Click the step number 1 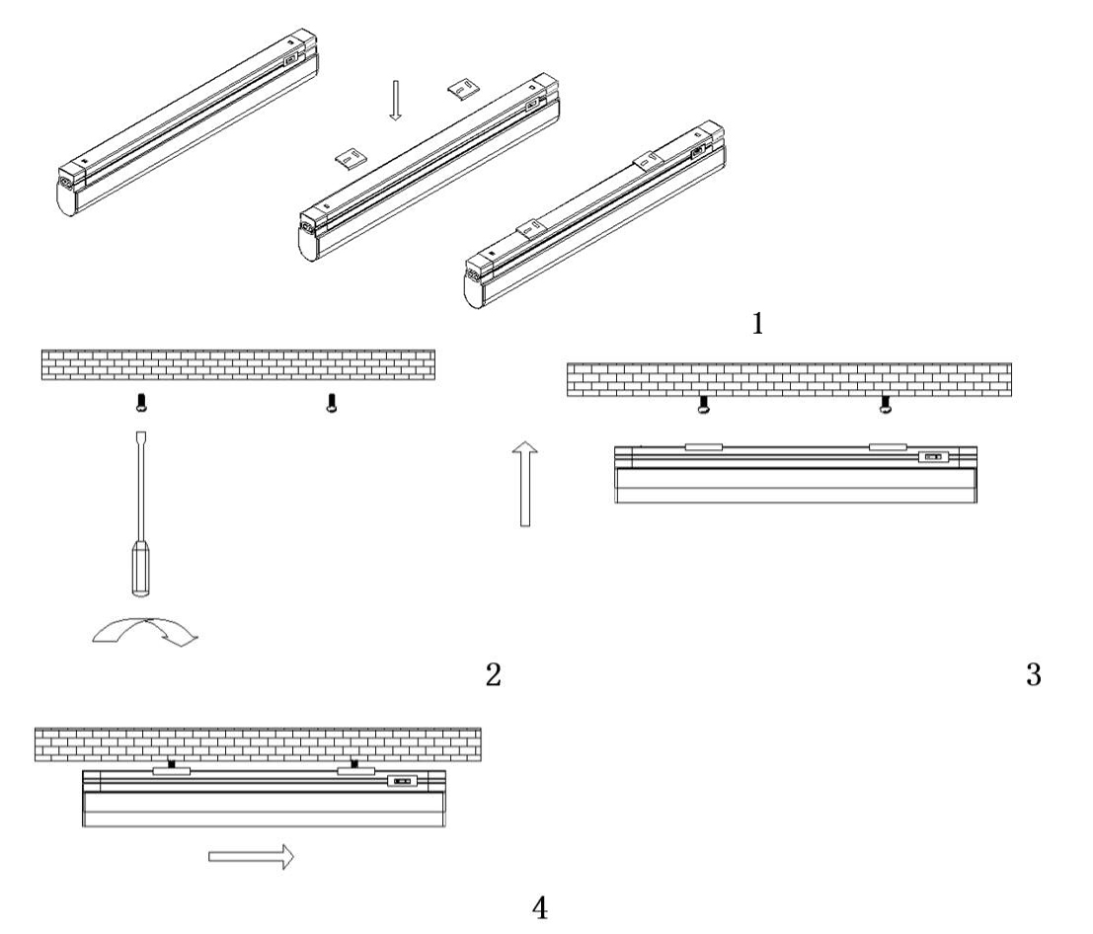(x=757, y=324)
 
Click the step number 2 (x=493, y=674)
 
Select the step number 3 (x=1034, y=674)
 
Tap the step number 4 (x=540, y=907)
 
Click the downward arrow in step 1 (x=395, y=101)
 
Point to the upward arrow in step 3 (x=525, y=484)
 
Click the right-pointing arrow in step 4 (x=251, y=857)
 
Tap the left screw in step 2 (x=143, y=403)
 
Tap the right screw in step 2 (x=332, y=403)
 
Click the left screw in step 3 (x=704, y=406)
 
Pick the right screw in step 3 (x=886, y=406)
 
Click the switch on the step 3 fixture (x=933, y=457)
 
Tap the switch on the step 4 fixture (x=402, y=781)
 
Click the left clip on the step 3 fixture (x=703, y=447)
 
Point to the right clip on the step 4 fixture (x=356, y=771)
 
